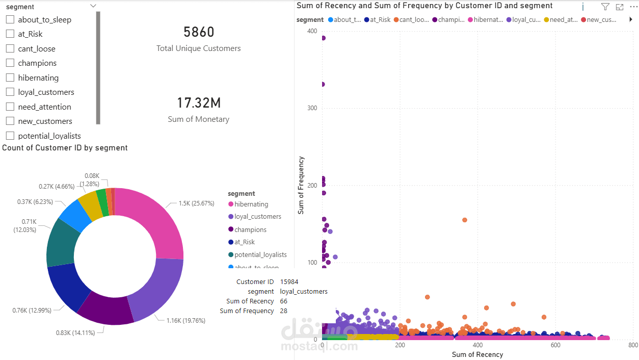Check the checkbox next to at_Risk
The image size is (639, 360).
(x=10, y=34)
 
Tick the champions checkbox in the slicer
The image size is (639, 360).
(x=10, y=63)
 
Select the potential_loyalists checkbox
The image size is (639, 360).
(x=10, y=136)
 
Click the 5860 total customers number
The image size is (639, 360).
(x=199, y=32)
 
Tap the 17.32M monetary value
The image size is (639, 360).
(x=199, y=102)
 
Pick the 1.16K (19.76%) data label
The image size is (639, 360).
(x=185, y=321)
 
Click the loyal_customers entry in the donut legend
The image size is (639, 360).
(x=257, y=217)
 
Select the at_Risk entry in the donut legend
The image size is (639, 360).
(x=245, y=242)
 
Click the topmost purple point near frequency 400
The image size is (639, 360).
(x=323, y=38)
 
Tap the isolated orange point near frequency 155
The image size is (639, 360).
(x=464, y=220)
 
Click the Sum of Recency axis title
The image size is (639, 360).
(x=477, y=354)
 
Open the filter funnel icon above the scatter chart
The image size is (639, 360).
(x=605, y=7)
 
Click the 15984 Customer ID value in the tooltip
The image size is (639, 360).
(x=289, y=282)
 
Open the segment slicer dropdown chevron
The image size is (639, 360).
(x=93, y=6)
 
